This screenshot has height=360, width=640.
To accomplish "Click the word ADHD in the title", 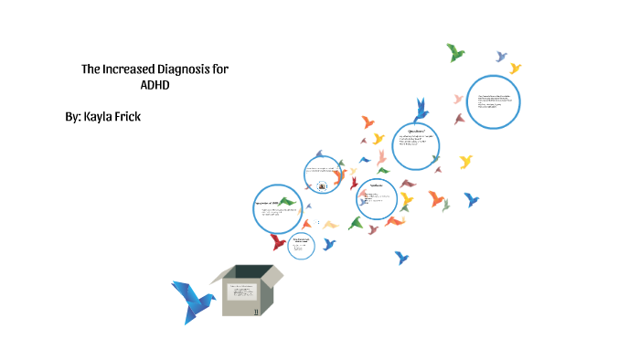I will (155, 85).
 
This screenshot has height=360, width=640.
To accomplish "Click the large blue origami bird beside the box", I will (192, 301).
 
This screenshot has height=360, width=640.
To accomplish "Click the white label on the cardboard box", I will (240, 294).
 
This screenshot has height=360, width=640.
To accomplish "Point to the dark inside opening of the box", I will (253, 271).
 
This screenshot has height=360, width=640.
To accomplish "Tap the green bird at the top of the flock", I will (455, 52).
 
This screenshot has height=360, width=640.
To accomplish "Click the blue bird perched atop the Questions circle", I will (421, 111).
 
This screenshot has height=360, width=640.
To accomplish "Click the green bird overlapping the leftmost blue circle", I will (287, 201).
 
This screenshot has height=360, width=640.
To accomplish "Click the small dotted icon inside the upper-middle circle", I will (322, 185).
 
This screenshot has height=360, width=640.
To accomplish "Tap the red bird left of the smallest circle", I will (275, 242).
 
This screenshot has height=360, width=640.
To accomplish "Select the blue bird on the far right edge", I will (471, 198).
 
